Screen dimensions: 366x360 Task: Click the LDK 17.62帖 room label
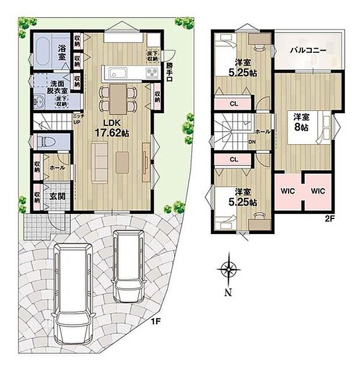116,128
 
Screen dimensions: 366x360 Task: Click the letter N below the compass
229,292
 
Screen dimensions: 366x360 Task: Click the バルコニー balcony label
308,51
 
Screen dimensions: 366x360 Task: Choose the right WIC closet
317,191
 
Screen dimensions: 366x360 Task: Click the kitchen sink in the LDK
116,73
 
